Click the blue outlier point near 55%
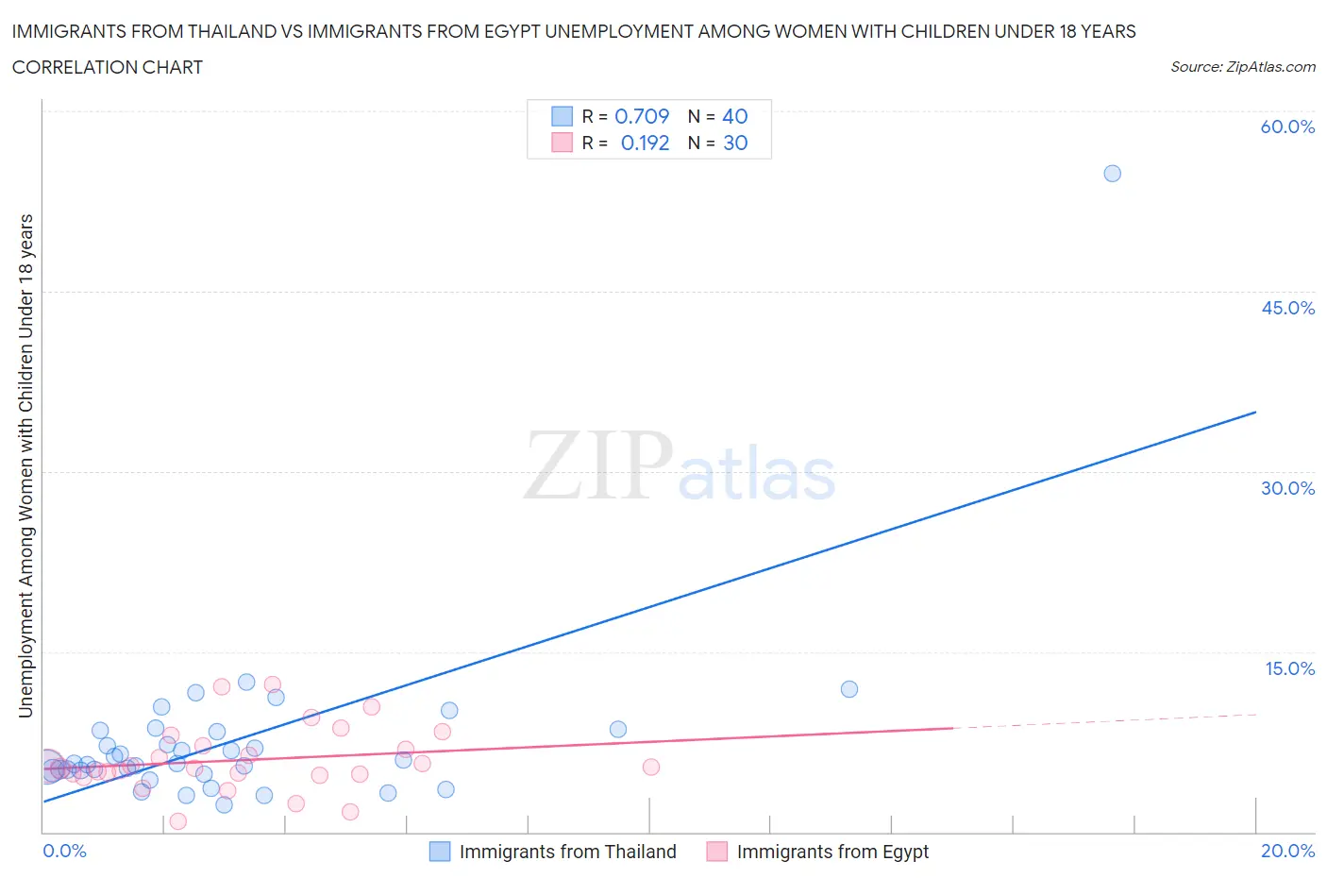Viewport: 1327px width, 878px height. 1112,174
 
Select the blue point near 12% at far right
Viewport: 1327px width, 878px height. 848,689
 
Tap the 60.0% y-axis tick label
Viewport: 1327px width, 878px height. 1287,127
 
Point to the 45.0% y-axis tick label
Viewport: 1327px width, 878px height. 1287,308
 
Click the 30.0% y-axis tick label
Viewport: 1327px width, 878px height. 1287,488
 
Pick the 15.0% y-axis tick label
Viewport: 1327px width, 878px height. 1289,668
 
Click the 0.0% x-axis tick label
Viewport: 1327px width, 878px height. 64,851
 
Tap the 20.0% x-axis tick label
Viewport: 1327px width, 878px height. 1287,851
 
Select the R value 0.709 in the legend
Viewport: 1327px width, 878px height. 642,116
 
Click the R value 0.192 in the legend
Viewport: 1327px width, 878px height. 645,143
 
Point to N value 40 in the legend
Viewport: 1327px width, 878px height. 734,116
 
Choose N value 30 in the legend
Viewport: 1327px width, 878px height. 734,143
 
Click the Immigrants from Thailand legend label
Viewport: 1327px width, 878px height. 567,852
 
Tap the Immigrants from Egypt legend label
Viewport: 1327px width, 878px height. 832,852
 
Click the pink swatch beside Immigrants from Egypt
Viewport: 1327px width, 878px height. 717,852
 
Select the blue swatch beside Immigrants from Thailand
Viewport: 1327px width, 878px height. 440,852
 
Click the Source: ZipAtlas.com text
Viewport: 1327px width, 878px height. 1242,67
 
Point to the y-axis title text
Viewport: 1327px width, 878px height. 25,465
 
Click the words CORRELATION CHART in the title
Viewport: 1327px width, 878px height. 108,67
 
